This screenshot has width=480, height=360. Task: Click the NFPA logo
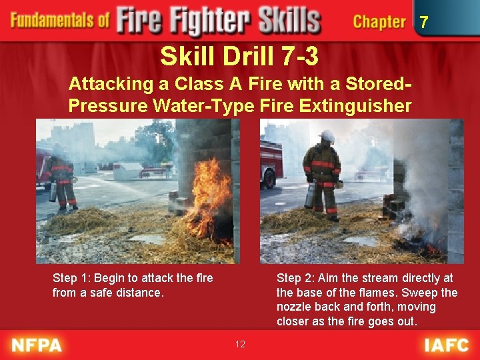pyautogui.click(x=37, y=345)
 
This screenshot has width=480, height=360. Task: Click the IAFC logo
pyautogui.click(x=446, y=345)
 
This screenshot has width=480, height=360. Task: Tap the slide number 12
pyautogui.click(x=240, y=344)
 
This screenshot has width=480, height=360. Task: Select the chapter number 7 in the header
pyautogui.click(x=423, y=23)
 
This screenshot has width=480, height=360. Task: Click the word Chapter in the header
pyautogui.click(x=379, y=22)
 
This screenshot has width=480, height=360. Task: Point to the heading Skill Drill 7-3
pyautogui.click(x=239, y=57)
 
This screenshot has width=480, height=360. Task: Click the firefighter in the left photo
pyautogui.click(x=62, y=177)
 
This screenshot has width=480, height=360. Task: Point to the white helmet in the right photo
pyautogui.click(x=327, y=136)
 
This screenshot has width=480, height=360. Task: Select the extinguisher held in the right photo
pyautogui.click(x=310, y=195)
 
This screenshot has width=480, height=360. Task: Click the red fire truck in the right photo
pyautogui.click(x=271, y=163)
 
